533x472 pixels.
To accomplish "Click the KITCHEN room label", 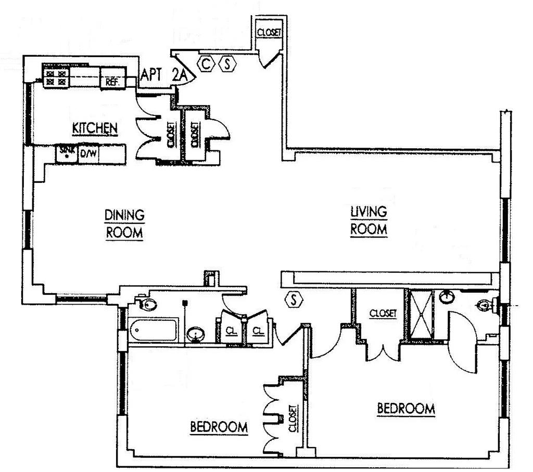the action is pos(94,128).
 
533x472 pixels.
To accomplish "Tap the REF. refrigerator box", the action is pos(110,81).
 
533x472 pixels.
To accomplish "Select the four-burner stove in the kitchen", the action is pos(56,77).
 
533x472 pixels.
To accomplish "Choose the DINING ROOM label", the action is pos(124,224).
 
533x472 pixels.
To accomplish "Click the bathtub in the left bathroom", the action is pos(154,330).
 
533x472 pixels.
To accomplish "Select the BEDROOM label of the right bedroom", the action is pos(405,409).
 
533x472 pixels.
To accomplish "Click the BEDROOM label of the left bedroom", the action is pos(219,427).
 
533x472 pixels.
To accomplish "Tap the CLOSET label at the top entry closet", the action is pos(269,32).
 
